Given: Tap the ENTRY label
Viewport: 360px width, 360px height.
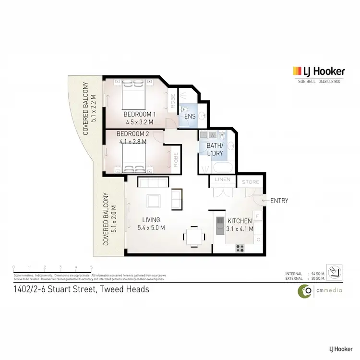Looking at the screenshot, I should click(x=279, y=201).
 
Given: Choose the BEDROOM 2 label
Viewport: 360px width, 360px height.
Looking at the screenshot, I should click(x=132, y=134).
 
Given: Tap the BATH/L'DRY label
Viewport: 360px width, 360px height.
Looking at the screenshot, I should click(x=215, y=149).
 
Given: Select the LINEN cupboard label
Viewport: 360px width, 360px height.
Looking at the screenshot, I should click(x=223, y=180).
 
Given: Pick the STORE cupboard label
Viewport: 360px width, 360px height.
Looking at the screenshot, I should click(x=250, y=182).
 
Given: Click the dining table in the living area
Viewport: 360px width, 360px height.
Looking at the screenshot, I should click(x=193, y=236).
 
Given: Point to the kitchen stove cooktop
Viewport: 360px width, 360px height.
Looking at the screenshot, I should click(x=240, y=248).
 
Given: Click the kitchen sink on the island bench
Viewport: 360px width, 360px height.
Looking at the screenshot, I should click(x=219, y=223).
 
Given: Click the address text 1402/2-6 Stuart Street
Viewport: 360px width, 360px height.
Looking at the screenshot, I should click(x=81, y=289).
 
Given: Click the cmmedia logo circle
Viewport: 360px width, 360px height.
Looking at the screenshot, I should click(x=304, y=290).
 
